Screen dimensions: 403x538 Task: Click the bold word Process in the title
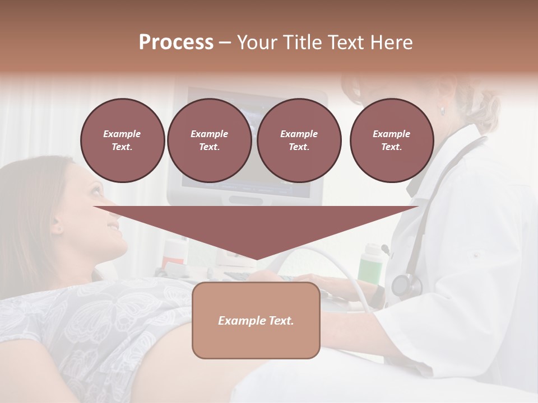click(176, 43)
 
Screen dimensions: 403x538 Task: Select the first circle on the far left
click(122, 140)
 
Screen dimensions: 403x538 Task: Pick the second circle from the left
click(210, 140)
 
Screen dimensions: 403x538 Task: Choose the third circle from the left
click(299, 140)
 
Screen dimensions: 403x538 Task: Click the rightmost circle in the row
click(392, 140)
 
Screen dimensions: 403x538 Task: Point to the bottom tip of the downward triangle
click(257, 259)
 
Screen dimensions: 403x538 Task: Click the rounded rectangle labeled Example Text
click(256, 320)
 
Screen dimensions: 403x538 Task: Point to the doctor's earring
click(442, 111)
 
